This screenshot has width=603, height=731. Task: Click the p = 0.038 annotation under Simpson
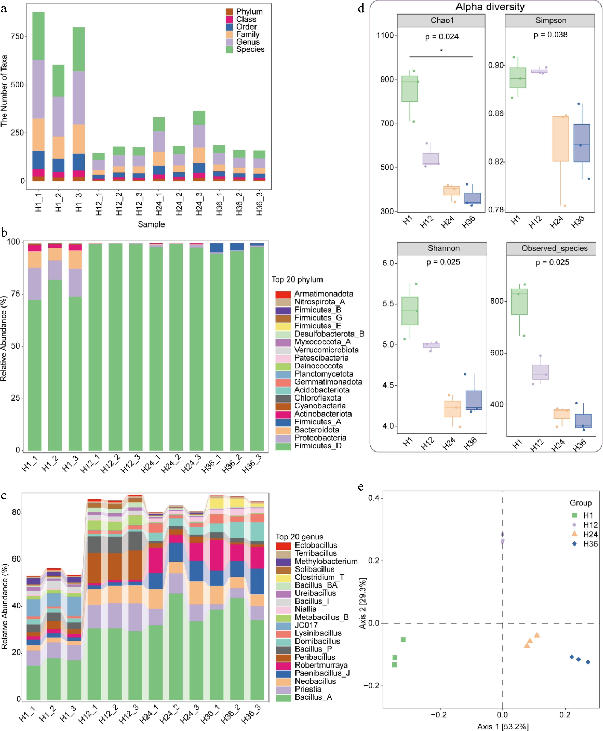coord(551,35)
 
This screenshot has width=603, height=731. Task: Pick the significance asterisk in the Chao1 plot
coord(441,51)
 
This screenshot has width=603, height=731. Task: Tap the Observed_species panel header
coord(554,248)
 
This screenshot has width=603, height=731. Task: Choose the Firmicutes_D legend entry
coord(318,446)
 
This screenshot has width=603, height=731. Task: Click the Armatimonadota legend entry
coord(323,294)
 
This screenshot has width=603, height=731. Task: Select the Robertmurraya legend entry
coord(321,665)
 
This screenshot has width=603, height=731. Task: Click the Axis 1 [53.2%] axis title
coord(503,726)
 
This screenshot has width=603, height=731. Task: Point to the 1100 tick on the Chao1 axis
coord(385,35)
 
